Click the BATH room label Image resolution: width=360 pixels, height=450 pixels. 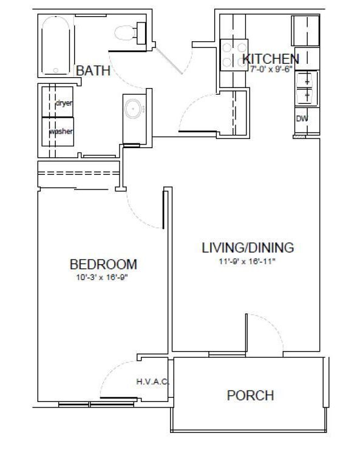tap(93, 70)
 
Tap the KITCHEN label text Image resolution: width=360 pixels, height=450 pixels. tap(271, 59)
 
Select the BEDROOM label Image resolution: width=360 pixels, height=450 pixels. tap(103, 264)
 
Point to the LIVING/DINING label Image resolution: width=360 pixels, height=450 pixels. tap(248, 248)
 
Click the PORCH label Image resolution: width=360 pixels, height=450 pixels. tap(251, 395)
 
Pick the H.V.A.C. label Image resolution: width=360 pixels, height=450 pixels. tap(152, 382)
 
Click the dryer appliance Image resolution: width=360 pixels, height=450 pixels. tap(58, 101)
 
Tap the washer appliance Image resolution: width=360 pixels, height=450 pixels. tap(58, 132)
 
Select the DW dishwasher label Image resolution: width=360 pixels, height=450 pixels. tap(302, 118)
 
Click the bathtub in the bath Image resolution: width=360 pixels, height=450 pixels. tap(56, 46)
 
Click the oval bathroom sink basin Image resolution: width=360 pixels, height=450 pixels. tap(133, 109)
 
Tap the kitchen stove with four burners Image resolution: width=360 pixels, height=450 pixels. tap(234, 55)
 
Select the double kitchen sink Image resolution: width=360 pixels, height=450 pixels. tap(307, 89)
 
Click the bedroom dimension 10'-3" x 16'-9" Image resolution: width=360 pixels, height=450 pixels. tap(102, 278)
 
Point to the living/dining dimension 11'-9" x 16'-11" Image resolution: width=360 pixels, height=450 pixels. tap(247, 262)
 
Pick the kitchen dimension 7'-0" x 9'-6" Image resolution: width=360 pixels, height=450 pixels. tap(271, 69)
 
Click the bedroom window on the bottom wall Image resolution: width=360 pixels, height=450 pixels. tap(96, 404)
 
